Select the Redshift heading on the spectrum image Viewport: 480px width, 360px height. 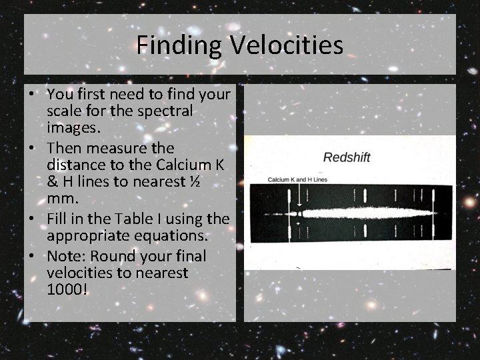tap(347, 158)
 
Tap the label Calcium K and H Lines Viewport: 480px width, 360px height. tap(298, 180)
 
